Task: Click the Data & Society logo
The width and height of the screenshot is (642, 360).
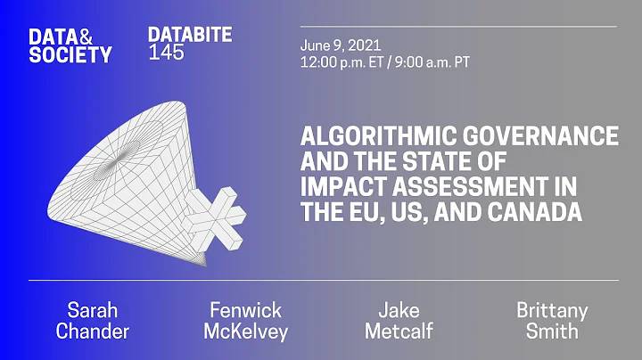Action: pyautogui.click(x=70, y=45)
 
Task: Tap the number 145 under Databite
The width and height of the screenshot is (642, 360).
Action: pyautogui.click(x=167, y=53)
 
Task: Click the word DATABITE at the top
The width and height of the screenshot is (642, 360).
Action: pyautogui.click(x=190, y=36)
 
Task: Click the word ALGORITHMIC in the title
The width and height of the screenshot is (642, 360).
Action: pyautogui.click(x=375, y=136)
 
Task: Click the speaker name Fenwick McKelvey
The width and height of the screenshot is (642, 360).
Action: pyautogui.click(x=245, y=321)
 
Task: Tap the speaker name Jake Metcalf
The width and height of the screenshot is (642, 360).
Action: pyautogui.click(x=399, y=321)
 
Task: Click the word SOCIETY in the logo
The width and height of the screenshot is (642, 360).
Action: pyautogui.click(x=70, y=54)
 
